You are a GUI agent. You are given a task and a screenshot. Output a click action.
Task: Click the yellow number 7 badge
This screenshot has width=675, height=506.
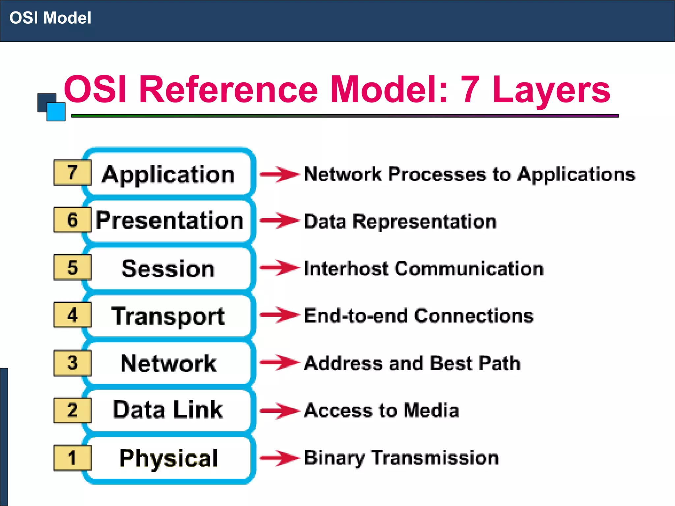click(72, 173)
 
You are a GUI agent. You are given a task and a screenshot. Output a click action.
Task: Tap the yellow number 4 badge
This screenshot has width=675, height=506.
click(72, 315)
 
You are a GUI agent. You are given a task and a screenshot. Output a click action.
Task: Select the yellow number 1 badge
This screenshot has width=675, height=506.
click(72, 458)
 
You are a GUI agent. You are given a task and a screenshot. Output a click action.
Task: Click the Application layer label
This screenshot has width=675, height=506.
click(168, 175)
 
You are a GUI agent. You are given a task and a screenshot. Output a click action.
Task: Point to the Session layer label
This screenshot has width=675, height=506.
click(168, 268)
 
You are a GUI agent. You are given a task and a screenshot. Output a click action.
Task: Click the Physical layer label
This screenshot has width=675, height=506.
click(168, 458)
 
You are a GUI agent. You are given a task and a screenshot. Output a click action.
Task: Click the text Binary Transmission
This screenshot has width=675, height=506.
click(401, 458)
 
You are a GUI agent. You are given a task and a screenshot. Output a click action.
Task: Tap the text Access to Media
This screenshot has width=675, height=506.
click(381, 410)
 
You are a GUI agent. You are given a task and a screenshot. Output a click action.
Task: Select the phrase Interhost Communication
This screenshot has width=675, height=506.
click(424, 268)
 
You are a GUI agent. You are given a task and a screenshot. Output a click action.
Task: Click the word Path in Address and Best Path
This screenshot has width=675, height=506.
click(499, 363)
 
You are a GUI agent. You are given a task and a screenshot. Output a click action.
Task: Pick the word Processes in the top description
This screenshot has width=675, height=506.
click(437, 174)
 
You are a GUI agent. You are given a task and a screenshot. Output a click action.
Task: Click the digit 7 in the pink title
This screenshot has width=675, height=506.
click(470, 89)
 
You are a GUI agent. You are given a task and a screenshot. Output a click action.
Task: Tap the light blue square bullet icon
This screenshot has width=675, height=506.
click(56, 112)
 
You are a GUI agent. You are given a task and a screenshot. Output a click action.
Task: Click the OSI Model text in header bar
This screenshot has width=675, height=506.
click(50, 18)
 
